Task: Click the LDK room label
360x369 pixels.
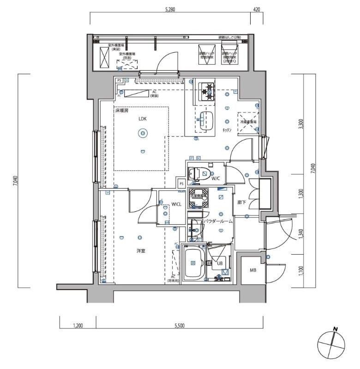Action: click(x=142, y=119)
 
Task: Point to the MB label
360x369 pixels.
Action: click(x=253, y=270)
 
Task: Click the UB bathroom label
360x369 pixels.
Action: click(x=220, y=264)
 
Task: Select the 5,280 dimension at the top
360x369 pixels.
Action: click(x=169, y=9)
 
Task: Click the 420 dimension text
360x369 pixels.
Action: click(x=257, y=9)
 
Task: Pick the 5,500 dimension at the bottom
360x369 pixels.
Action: click(x=179, y=326)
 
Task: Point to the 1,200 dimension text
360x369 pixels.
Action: click(x=78, y=326)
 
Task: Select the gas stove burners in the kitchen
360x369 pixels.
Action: click(x=207, y=91)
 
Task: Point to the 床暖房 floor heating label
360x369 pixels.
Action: click(x=122, y=111)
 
